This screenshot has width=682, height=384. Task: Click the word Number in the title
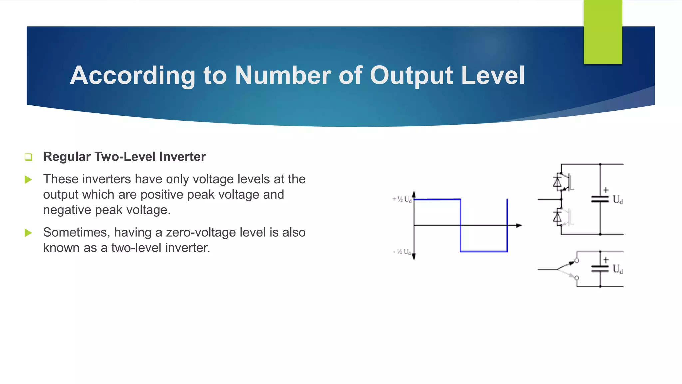pyautogui.click(x=283, y=75)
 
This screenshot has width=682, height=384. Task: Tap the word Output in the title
pyautogui.click(x=412, y=75)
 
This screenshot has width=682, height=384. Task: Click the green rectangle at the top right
pyautogui.click(x=603, y=32)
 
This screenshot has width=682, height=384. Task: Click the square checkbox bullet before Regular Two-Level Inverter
pyautogui.click(x=28, y=157)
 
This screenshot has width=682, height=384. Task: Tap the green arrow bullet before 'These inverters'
pyautogui.click(x=28, y=180)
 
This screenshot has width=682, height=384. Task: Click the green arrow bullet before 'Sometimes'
pyautogui.click(x=28, y=233)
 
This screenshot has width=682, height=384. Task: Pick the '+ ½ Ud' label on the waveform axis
pyautogui.click(x=402, y=199)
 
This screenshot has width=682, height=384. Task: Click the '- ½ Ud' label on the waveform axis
pyautogui.click(x=402, y=252)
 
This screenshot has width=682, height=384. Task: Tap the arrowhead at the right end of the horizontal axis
pyautogui.click(x=519, y=226)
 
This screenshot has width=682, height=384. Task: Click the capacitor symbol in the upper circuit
pyautogui.click(x=600, y=199)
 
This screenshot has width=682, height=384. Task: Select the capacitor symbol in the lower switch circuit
pyautogui.click(x=600, y=269)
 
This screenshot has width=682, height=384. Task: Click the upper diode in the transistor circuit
pyautogui.click(x=557, y=183)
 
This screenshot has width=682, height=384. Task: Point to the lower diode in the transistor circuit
pyautogui.click(x=557, y=218)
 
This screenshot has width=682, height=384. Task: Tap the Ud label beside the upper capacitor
pyautogui.click(x=618, y=199)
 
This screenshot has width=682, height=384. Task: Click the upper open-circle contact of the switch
pyautogui.click(x=577, y=261)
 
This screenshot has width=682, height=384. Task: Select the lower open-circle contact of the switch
pyautogui.click(x=577, y=278)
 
